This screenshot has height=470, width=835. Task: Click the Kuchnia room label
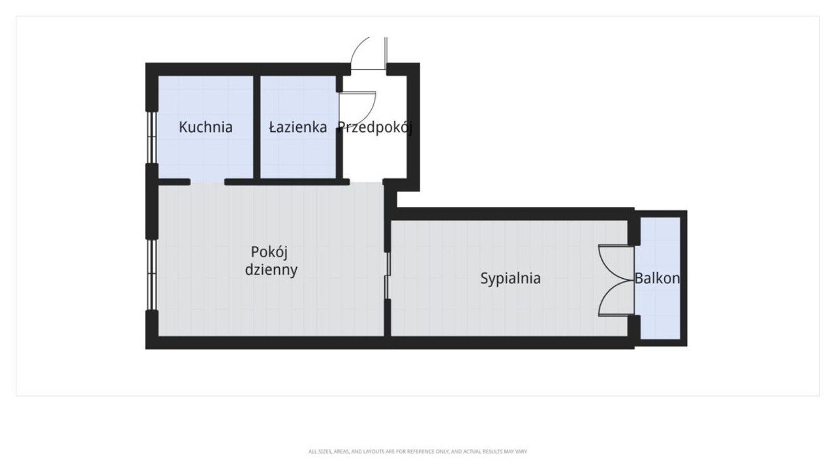pos(205,127)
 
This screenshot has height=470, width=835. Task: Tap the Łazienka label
pos(298,127)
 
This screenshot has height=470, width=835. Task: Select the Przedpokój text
pos(374,128)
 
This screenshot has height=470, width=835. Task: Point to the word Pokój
pos(269,252)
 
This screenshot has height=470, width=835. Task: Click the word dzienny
pos(271,270)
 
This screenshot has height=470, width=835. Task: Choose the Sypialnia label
pos(510,279)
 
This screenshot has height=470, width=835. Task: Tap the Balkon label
pos(657,279)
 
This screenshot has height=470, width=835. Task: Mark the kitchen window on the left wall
pos(151,137)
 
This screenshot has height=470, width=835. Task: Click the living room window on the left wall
pos(151,275)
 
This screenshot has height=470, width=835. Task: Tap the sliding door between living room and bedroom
pos(387,275)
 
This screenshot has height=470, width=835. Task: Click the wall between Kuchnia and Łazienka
pos(256,127)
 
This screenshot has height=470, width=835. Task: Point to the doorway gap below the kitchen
pos(207,182)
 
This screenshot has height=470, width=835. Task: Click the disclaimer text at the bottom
pos(417,452)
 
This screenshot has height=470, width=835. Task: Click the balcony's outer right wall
pos(684,278)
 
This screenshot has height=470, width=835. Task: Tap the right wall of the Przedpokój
pos(413,127)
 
